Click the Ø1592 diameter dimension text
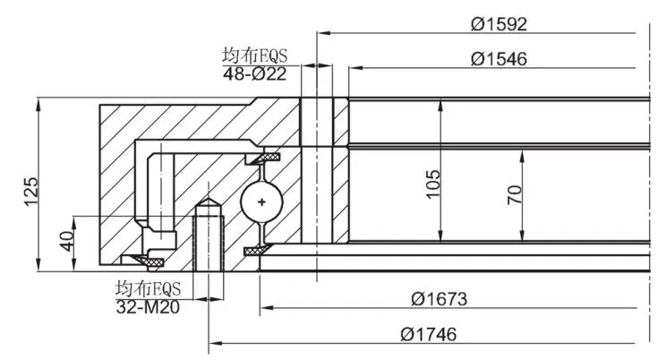click(x=499, y=24)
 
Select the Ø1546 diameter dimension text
click(x=499, y=59)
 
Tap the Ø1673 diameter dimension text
click(x=439, y=299)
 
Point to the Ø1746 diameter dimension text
click(x=429, y=334)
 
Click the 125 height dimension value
click(x=30, y=192)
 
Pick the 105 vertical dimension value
click(x=432, y=184)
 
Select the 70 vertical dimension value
click(x=515, y=194)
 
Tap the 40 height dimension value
click(x=67, y=241)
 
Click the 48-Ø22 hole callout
click(x=255, y=74)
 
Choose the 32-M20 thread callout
click(x=148, y=307)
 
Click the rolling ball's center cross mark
click(x=261, y=202)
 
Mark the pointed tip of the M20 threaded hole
click(x=209, y=199)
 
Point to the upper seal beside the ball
click(x=263, y=158)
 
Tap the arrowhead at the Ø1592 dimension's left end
click(x=324, y=33)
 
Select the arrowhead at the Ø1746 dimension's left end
click(x=216, y=343)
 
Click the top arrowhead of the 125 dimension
click(x=38, y=105)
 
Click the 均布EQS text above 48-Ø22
click(x=255, y=56)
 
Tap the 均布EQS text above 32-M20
click(x=148, y=288)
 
